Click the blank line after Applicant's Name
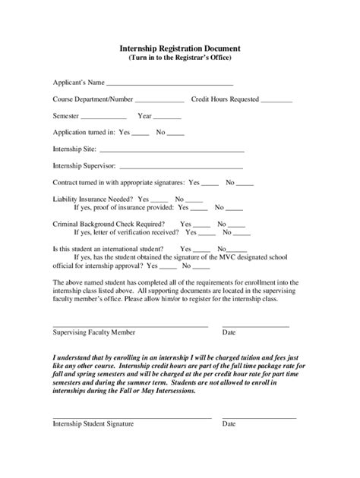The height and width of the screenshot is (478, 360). pos(169,84)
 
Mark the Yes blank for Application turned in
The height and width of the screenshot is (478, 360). pos(141,134)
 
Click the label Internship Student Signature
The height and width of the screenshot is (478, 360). pos(93,424)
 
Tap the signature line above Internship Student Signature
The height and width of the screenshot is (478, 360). pos(131,417)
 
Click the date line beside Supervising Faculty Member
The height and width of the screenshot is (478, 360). pos(255,325)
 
